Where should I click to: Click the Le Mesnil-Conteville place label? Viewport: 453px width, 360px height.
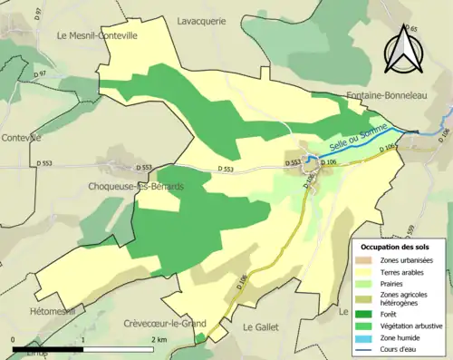[97, 36]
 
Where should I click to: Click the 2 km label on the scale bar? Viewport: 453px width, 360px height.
[159, 339]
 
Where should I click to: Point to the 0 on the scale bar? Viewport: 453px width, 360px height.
[13, 339]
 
